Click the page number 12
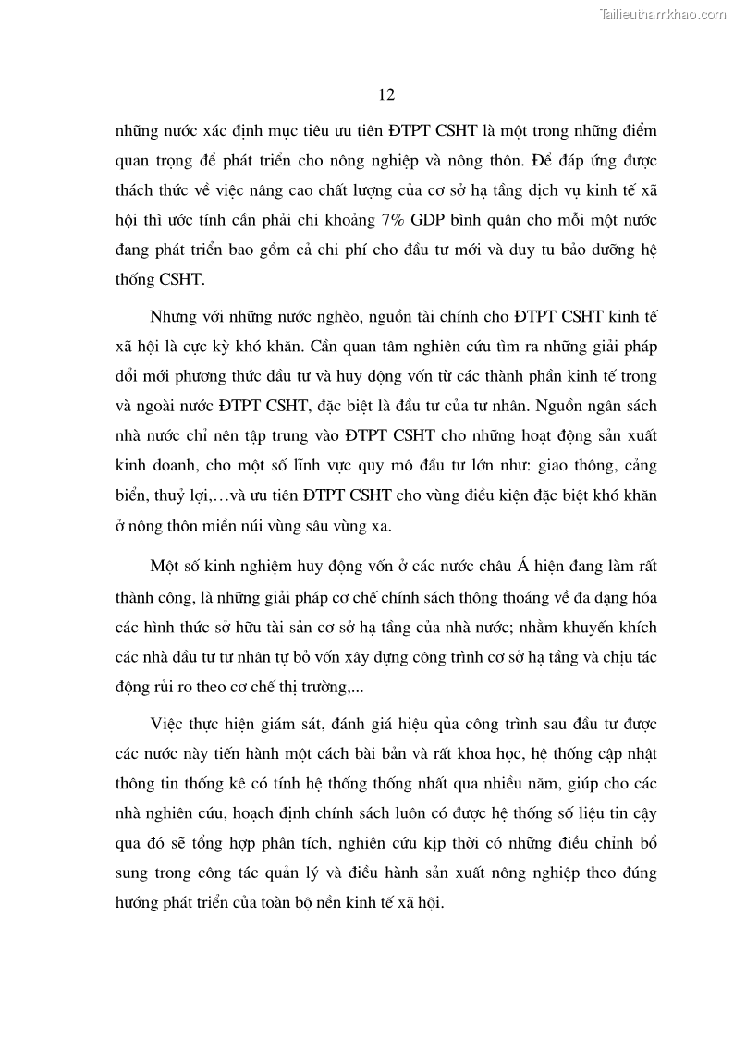coord(387,94)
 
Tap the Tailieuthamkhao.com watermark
coord(664,14)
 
